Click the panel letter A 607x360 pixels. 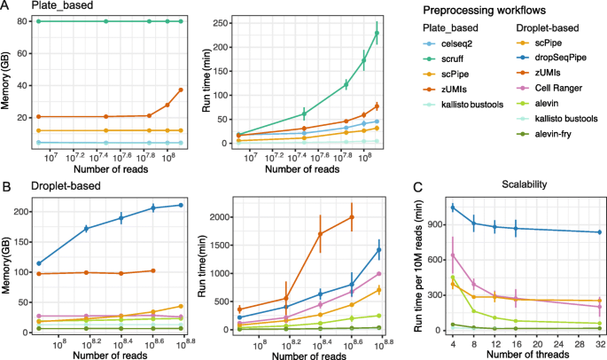tap(7, 7)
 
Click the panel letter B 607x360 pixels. tap(7, 186)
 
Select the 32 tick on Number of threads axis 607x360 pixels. tap(599, 339)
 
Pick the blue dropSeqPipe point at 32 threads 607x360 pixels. tap(599, 232)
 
